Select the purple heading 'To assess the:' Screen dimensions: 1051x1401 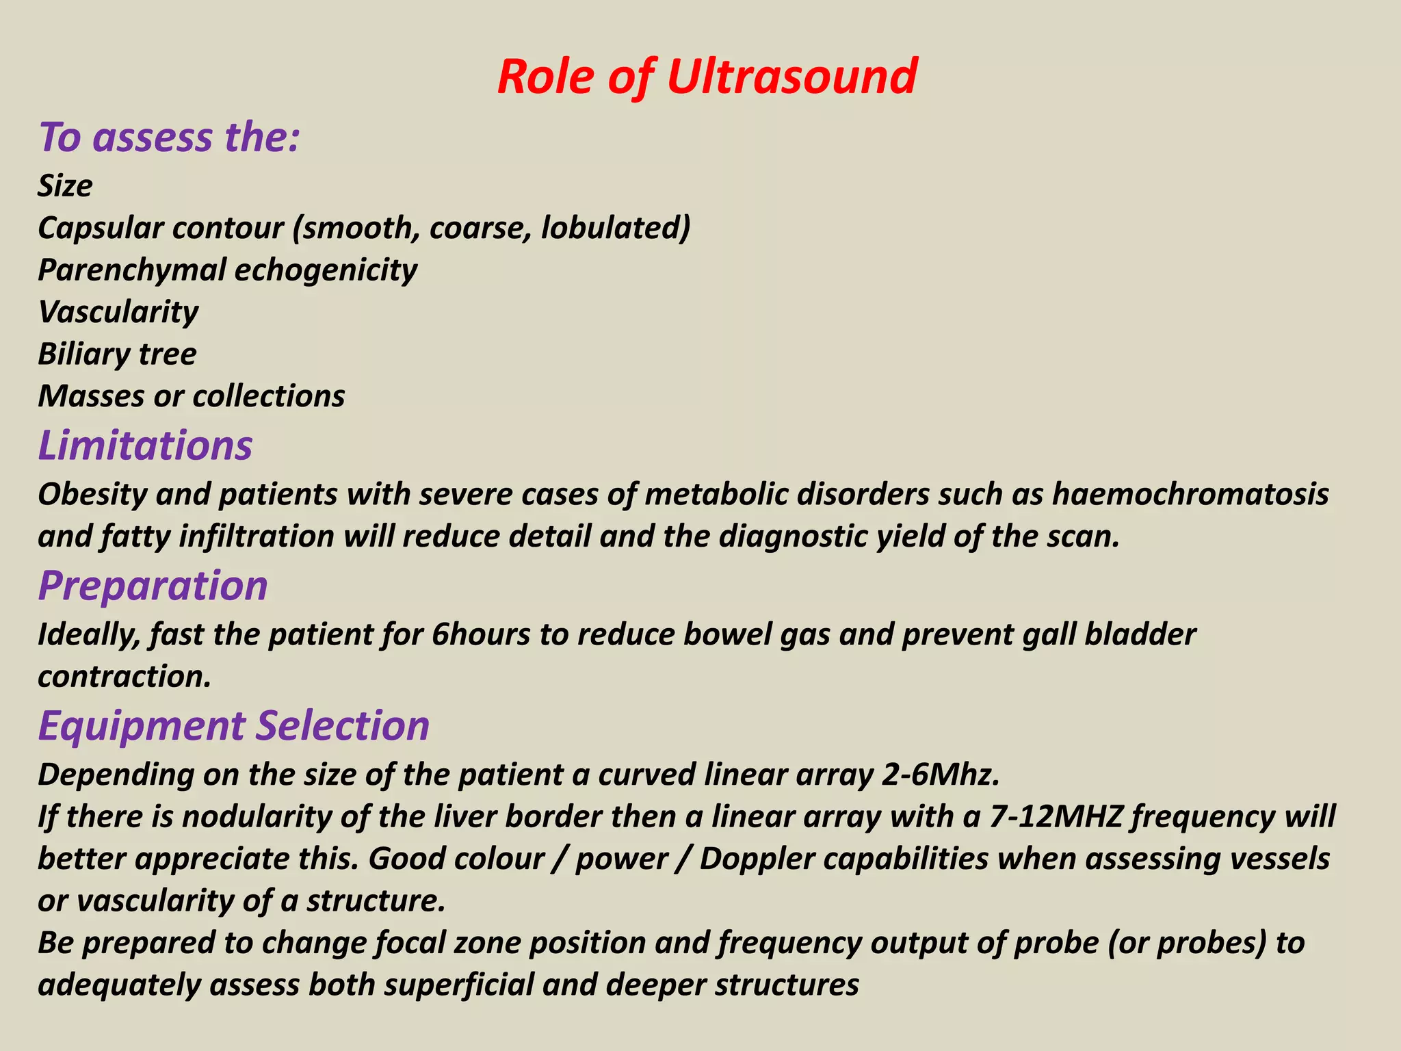click(x=169, y=137)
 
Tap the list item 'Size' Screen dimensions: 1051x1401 click(x=65, y=186)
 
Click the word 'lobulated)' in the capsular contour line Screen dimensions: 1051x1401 click(x=615, y=228)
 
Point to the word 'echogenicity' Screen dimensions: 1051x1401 click(x=326, y=270)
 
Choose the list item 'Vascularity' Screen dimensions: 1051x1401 click(x=118, y=312)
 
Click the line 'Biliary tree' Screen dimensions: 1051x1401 click(x=117, y=354)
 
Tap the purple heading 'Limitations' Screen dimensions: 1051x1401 click(x=145, y=445)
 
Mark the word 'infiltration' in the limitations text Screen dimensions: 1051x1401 click(x=257, y=536)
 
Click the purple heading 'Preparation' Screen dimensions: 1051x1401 click(x=153, y=586)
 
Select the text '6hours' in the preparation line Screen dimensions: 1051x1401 click(x=481, y=635)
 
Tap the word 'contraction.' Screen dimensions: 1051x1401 click(x=124, y=677)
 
